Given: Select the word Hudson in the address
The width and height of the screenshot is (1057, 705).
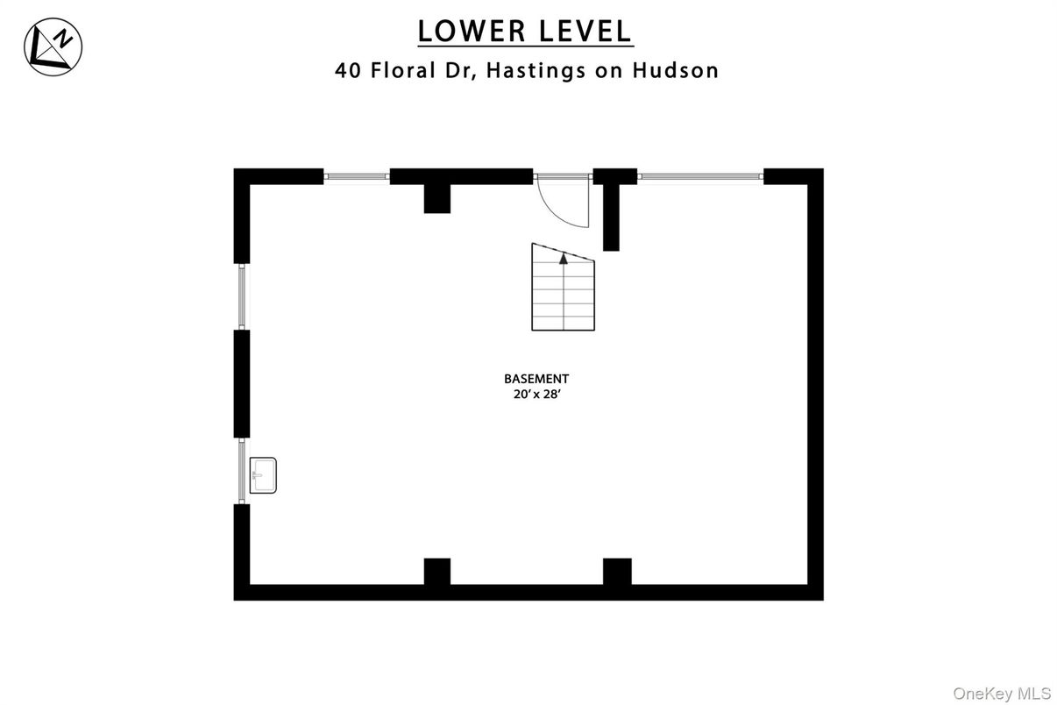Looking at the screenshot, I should (x=676, y=70).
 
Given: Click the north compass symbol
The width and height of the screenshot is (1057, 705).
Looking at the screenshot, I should (x=53, y=46).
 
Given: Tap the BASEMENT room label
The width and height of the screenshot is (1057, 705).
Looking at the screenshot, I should (x=536, y=379).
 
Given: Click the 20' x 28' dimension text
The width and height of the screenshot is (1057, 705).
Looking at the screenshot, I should (x=536, y=395).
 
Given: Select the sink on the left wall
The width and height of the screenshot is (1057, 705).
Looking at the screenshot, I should (x=263, y=475).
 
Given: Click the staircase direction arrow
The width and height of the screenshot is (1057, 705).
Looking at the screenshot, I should (x=564, y=258).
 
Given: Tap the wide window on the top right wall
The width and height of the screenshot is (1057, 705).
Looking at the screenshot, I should (x=700, y=177).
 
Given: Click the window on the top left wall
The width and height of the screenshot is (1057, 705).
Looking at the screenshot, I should (x=357, y=177).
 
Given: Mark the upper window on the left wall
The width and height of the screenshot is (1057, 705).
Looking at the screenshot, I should (x=242, y=296).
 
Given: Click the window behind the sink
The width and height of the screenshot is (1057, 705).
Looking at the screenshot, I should (x=242, y=471).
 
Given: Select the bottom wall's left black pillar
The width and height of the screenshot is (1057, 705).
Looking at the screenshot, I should (x=437, y=572).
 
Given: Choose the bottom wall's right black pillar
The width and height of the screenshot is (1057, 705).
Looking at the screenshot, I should (x=617, y=572).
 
